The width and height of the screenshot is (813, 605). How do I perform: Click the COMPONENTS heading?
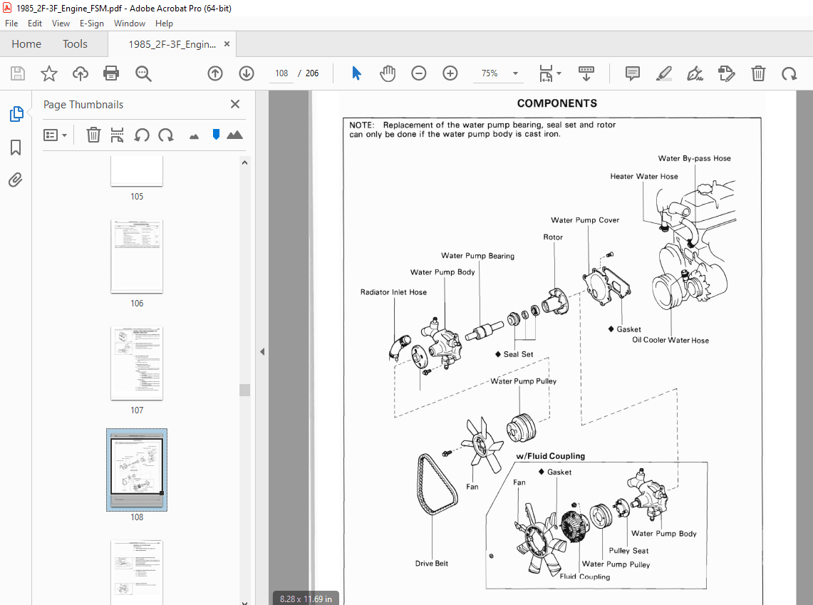click(557, 103)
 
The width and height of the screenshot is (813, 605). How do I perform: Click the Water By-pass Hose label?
click(694, 158)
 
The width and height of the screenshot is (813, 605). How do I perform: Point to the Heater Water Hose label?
click(644, 176)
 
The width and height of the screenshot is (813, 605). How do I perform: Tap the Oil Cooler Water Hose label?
click(670, 340)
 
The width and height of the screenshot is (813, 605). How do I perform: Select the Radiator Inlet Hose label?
click(393, 292)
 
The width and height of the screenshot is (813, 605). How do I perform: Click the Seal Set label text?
click(518, 354)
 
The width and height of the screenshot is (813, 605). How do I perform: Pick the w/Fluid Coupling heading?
click(550, 456)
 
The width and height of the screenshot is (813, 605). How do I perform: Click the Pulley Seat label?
click(628, 551)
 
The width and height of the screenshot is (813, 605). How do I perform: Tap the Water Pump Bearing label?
click(477, 256)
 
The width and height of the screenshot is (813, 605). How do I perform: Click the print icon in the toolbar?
click(111, 73)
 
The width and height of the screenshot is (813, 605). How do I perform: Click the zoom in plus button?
click(450, 73)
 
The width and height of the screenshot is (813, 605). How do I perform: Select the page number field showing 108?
click(281, 73)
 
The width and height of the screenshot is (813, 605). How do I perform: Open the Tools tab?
click(75, 44)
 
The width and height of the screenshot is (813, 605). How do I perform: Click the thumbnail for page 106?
click(137, 257)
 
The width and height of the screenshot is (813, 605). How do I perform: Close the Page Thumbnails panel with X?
click(235, 104)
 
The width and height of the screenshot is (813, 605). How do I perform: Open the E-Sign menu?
click(92, 24)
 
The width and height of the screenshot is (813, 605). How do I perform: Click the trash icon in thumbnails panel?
click(93, 135)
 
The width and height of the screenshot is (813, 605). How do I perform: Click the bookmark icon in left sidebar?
click(16, 148)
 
